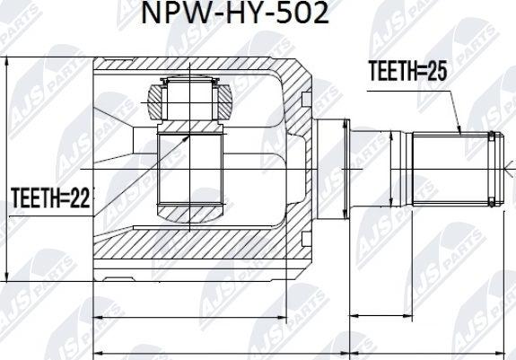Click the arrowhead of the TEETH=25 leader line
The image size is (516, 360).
click(x=459, y=133)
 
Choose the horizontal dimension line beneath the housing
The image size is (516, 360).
click(x=188, y=316)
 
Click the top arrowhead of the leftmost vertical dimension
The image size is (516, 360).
click(x=7, y=62)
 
